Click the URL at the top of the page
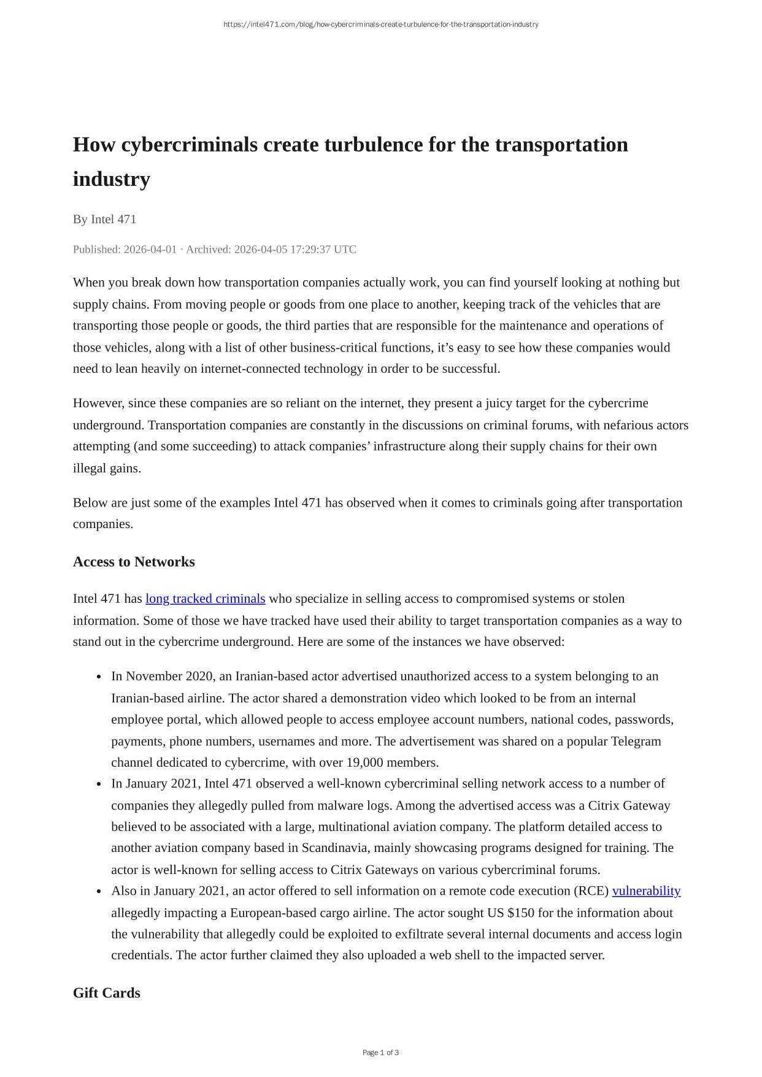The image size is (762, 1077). pos(380,25)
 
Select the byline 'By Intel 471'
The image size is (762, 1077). pos(104,219)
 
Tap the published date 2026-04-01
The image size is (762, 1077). pos(150,249)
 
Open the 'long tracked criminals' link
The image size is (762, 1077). pos(205,599)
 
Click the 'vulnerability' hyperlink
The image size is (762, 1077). pos(646,891)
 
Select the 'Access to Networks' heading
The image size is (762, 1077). pos(134,562)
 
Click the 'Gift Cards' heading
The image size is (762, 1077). pos(106,993)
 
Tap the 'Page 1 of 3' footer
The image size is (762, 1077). pos(380,1052)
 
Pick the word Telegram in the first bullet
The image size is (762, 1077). pos(636,741)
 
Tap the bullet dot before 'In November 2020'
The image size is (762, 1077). pos(99,677)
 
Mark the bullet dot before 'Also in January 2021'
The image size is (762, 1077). pos(99,892)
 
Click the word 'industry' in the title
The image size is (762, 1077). pos(111,179)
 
